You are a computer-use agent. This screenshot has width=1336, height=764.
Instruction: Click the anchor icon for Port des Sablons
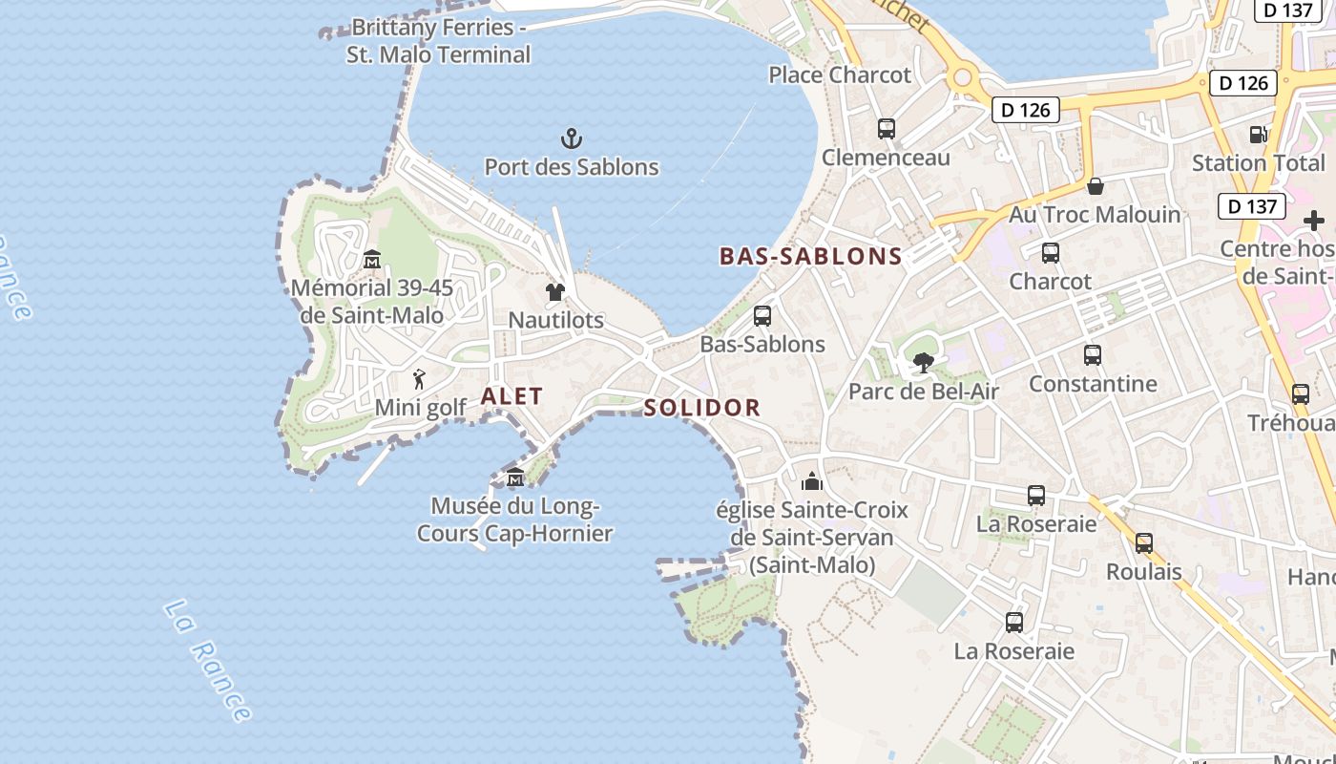tap(571, 139)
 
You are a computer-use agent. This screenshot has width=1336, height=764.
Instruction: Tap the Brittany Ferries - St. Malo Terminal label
tap(438, 41)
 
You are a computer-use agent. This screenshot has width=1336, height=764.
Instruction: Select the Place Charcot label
tap(840, 74)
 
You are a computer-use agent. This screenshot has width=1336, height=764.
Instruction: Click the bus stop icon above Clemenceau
tap(887, 129)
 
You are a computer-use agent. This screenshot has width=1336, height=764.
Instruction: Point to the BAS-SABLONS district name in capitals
tap(810, 256)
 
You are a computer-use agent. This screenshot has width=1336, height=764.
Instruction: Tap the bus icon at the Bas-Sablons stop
tap(762, 316)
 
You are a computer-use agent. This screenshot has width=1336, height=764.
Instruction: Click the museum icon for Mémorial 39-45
tap(372, 259)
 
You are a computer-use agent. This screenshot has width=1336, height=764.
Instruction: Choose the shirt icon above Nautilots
tap(555, 291)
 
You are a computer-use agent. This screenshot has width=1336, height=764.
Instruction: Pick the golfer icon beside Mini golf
tap(418, 379)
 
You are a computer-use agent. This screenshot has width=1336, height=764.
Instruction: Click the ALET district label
tap(512, 396)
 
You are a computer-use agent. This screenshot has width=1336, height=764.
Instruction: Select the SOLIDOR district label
tap(702, 409)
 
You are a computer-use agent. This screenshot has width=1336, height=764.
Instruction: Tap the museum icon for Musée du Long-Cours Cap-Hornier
tap(515, 477)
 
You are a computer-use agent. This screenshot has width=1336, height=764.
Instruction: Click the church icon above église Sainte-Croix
tap(812, 480)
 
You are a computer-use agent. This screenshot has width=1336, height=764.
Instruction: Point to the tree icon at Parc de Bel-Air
tap(923, 363)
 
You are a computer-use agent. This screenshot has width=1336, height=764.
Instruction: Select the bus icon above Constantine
tap(1093, 355)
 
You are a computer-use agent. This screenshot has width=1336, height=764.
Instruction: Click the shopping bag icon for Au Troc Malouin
tap(1096, 186)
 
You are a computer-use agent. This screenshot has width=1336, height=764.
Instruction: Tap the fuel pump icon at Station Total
tap(1258, 136)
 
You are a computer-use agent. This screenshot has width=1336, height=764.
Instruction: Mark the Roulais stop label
tap(1143, 572)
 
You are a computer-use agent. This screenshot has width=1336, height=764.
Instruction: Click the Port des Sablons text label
tap(572, 167)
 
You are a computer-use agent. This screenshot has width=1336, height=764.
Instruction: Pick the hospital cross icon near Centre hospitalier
tap(1314, 221)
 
